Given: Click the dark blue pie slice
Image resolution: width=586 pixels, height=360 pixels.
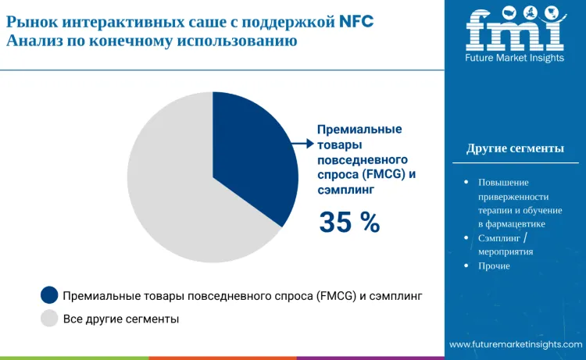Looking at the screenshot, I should click(254, 156).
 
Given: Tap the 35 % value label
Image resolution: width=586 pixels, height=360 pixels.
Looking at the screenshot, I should click(349, 223).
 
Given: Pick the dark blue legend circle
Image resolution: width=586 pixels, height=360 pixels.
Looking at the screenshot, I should click(49, 295).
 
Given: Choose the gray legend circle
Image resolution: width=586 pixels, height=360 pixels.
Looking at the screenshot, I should click(49, 319).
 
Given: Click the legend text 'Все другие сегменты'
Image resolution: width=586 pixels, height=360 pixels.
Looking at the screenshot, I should click(120, 319).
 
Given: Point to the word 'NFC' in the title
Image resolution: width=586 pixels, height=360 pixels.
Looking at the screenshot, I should click(355, 21).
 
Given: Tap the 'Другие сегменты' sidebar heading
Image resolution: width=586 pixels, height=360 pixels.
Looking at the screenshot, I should click(514, 148).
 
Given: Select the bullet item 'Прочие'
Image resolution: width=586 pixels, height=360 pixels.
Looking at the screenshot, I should click(494, 266).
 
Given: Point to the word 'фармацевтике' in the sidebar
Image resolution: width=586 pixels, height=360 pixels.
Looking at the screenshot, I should click(515, 223).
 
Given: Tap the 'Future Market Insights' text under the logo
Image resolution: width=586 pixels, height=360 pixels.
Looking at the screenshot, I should click(514, 58).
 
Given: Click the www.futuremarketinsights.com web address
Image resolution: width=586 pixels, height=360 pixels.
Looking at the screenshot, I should click(515, 344).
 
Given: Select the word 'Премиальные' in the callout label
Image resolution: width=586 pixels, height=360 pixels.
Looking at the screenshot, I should click(359, 130).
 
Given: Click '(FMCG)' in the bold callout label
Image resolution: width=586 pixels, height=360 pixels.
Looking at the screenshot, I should click(382, 173).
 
